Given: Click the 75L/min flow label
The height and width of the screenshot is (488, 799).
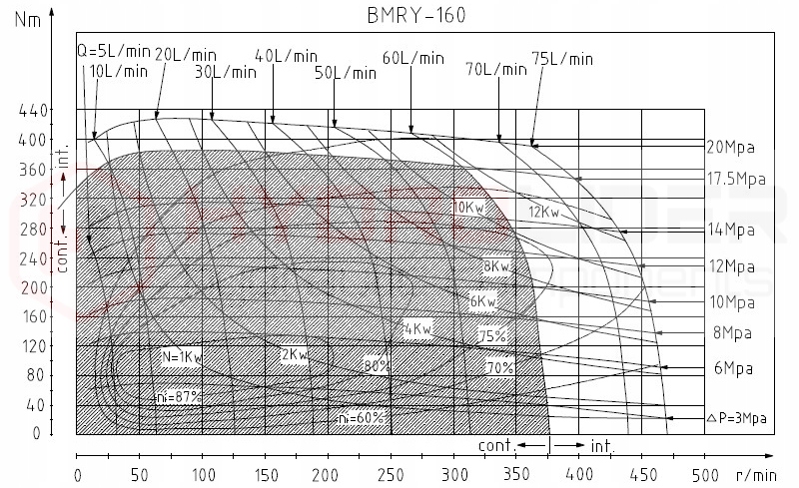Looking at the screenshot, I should click(x=562, y=59).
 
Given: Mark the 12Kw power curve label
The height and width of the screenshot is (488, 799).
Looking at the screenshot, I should click(x=545, y=214).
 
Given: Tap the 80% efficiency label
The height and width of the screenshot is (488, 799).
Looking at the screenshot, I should click(x=377, y=366).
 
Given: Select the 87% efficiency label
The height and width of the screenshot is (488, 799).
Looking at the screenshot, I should click(x=181, y=397).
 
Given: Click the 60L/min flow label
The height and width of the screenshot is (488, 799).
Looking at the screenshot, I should click(x=413, y=58).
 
